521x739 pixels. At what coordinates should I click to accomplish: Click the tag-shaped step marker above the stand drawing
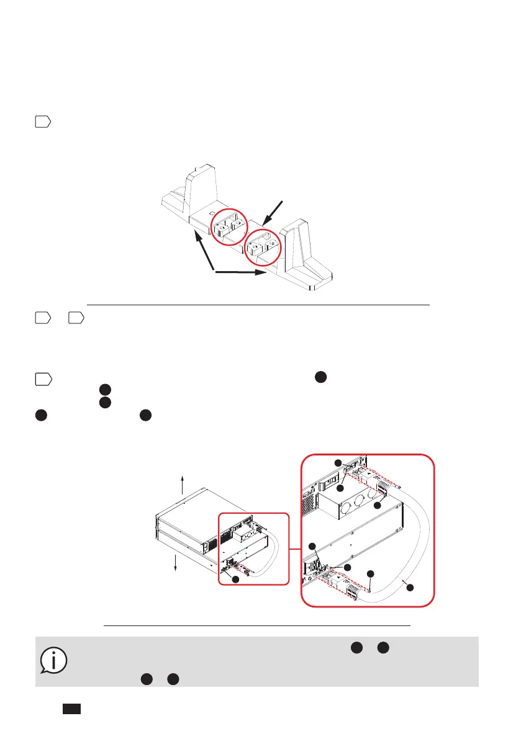click(42, 122)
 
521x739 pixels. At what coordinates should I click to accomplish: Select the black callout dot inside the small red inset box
click(234, 578)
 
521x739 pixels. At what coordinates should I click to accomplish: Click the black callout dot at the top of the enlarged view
click(337, 463)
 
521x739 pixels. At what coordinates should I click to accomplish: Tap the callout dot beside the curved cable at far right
click(409, 587)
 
